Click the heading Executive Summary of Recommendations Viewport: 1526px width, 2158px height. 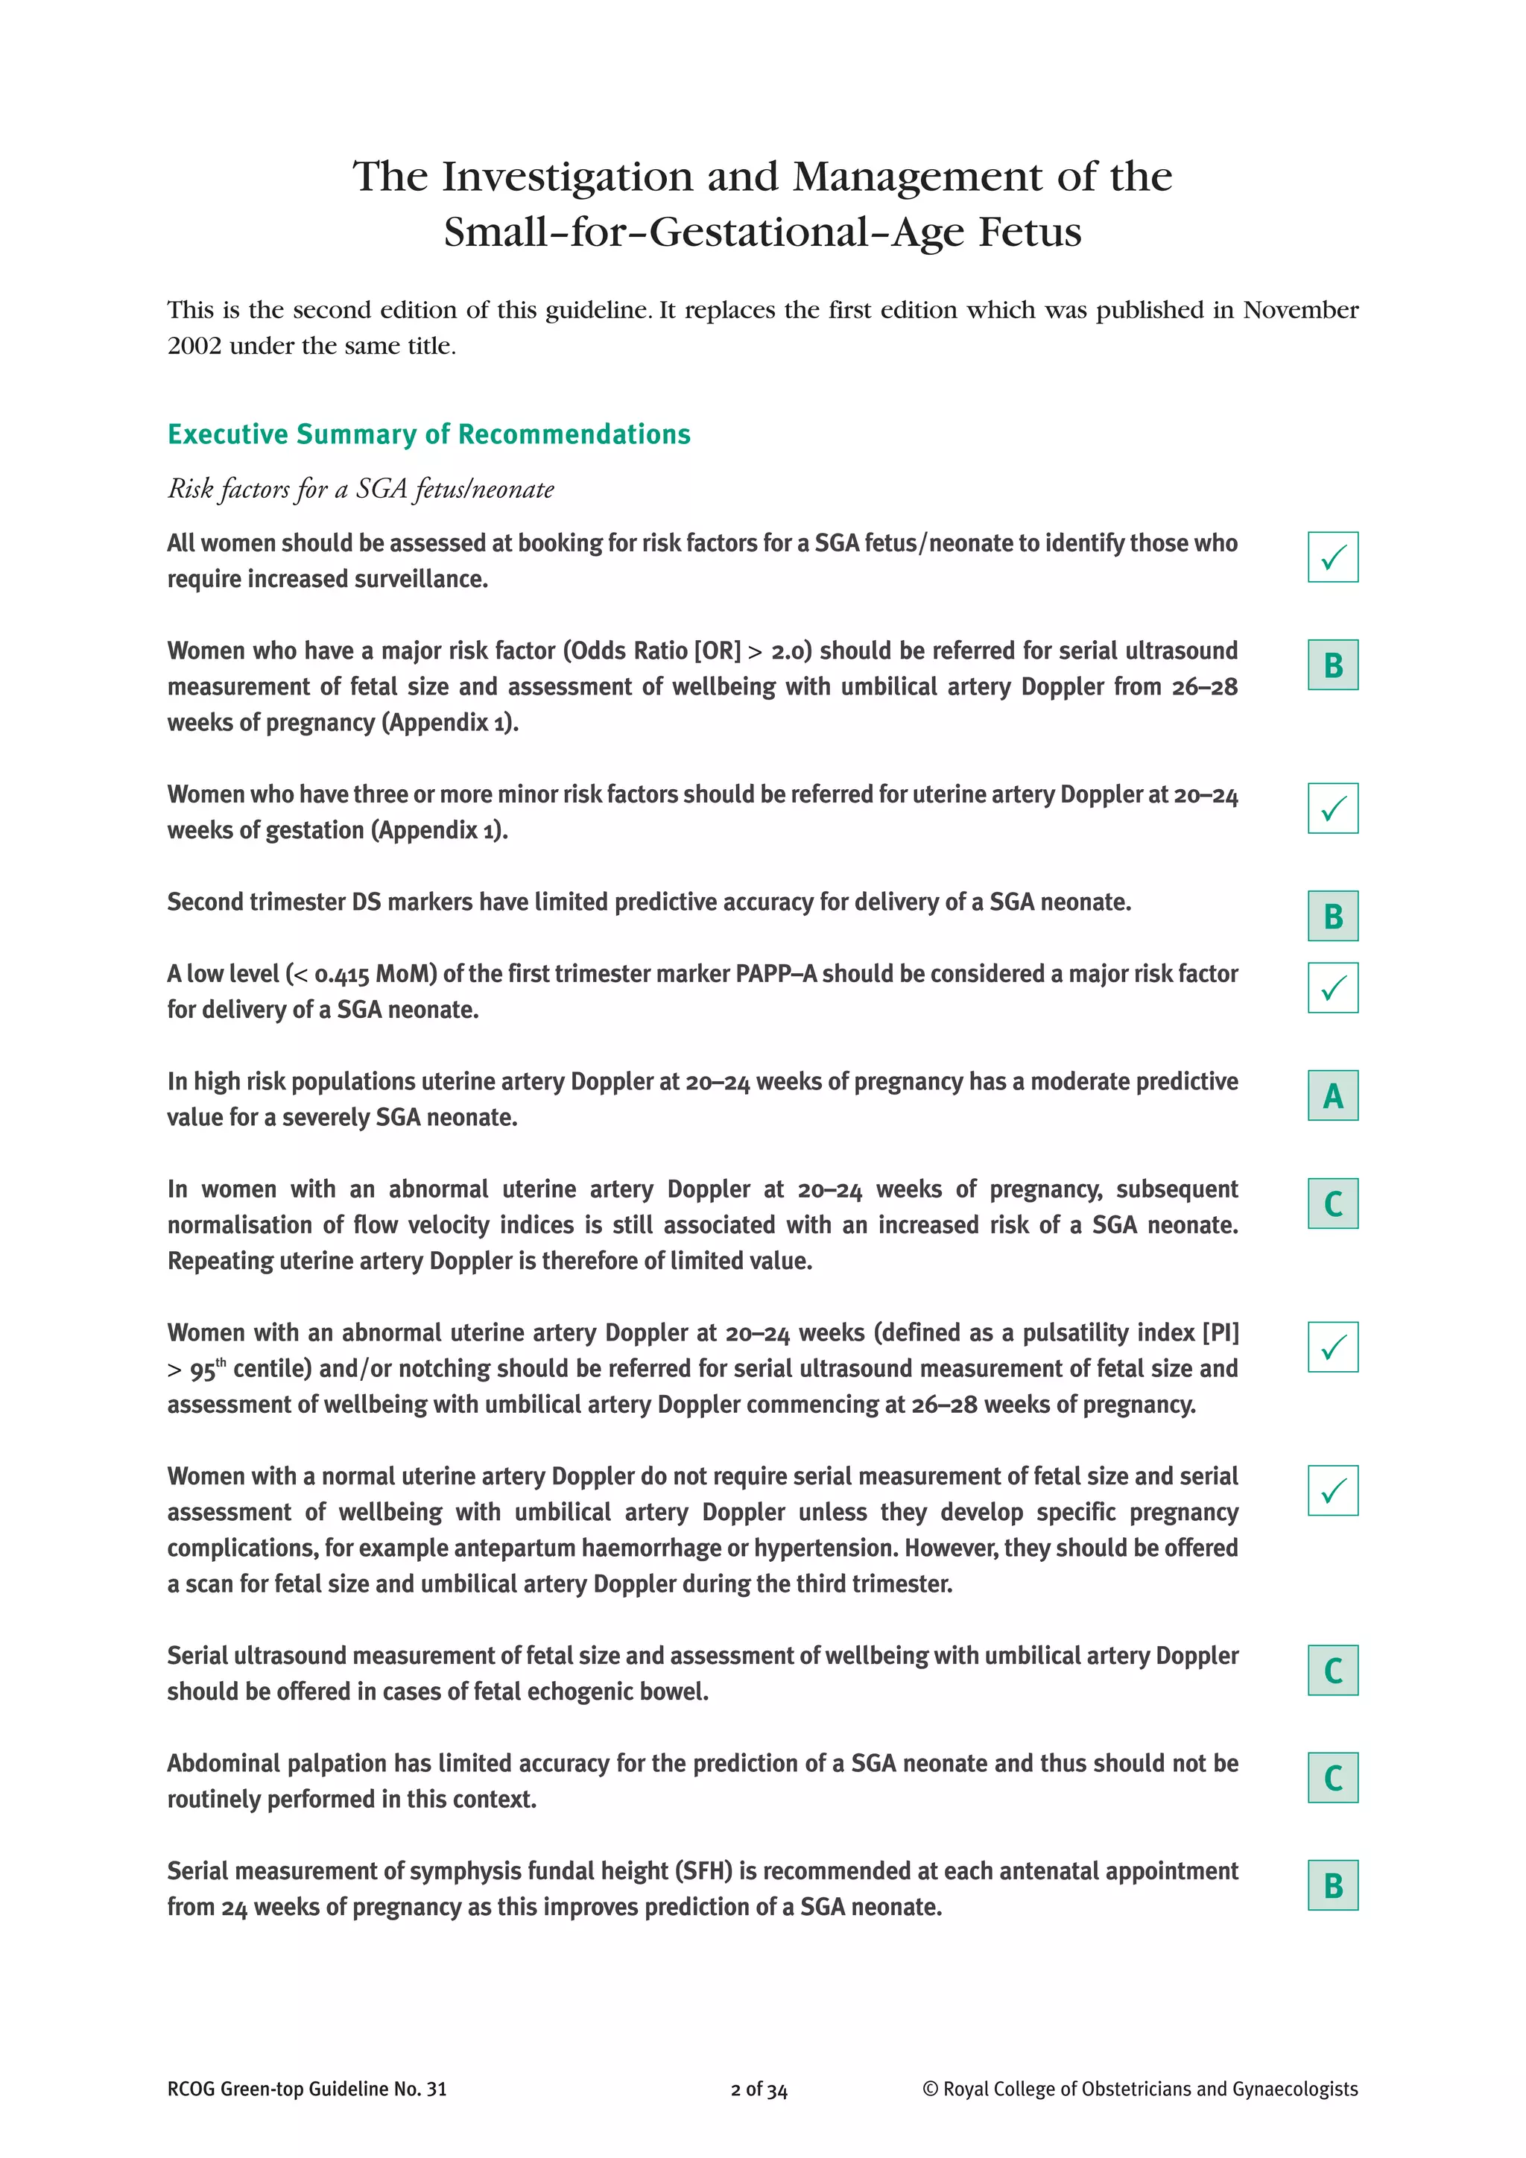point(428,434)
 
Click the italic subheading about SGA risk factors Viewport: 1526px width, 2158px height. point(360,489)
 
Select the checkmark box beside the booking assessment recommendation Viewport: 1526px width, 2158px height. point(1332,557)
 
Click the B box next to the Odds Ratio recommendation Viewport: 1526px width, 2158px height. point(1332,665)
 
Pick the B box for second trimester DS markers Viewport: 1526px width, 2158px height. point(1332,917)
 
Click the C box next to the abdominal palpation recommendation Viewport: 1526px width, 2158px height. point(1332,1778)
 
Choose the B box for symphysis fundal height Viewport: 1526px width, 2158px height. point(1332,1886)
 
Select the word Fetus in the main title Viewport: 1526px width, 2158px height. point(1030,232)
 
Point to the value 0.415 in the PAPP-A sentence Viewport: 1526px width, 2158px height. point(342,975)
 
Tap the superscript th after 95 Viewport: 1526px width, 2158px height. point(221,1362)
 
